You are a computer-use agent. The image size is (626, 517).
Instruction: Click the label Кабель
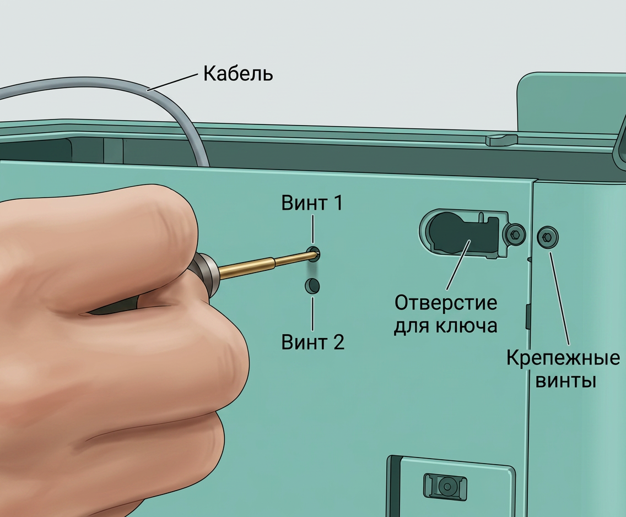click(238, 74)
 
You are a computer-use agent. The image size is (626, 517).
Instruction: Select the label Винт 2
click(312, 342)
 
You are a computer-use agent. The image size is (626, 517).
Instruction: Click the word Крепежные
click(563, 358)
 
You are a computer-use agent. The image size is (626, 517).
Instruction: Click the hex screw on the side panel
click(548, 237)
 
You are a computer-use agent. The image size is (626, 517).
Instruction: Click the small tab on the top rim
click(501, 140)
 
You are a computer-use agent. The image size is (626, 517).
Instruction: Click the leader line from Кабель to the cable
click(173, 82)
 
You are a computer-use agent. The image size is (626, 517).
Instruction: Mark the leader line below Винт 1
click(312, 230)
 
